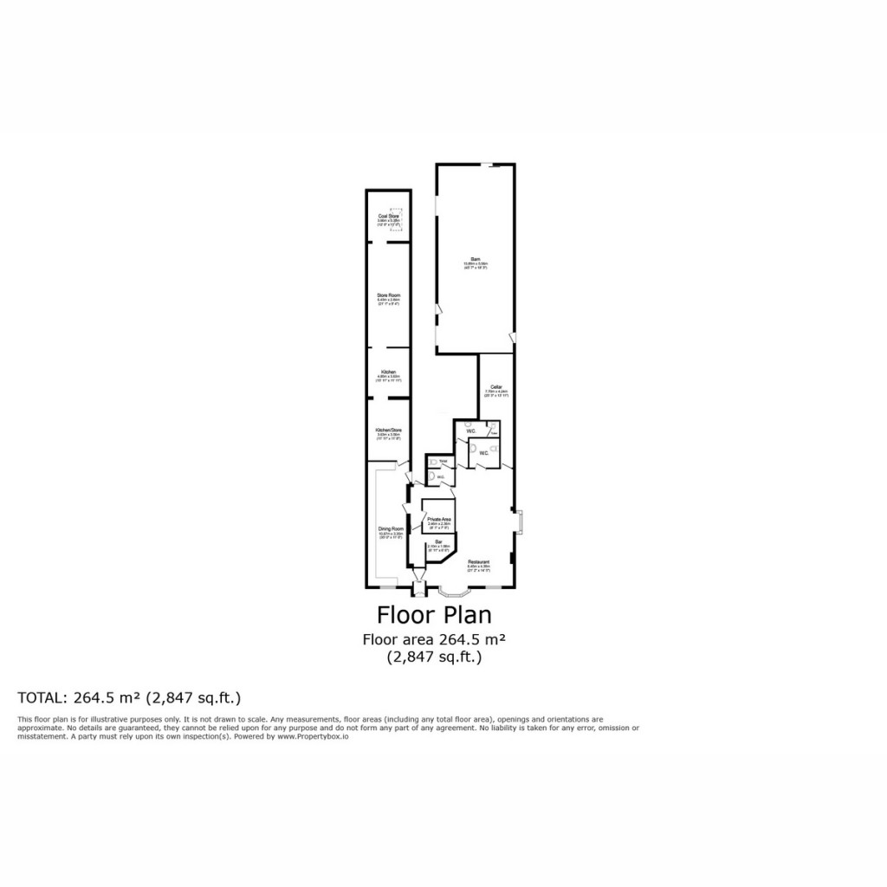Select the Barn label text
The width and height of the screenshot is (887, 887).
point(476,258)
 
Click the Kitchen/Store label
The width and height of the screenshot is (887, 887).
point(388,430)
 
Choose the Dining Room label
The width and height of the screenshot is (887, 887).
point(391,528)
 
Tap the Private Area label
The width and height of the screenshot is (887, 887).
point(439,519)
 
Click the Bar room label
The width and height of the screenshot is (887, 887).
point(438,541)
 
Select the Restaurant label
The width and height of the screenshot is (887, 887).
point(479,562)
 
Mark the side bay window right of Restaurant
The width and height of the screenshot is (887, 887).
point(521,521)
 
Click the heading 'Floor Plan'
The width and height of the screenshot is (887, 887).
point(434,615)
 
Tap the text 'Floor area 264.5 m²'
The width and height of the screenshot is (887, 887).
point(434,639)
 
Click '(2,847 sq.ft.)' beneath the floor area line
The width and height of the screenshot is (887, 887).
point(434,657)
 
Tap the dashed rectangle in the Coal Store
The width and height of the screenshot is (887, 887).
point(398,223)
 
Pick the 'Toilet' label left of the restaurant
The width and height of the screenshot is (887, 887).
point(442,461)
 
